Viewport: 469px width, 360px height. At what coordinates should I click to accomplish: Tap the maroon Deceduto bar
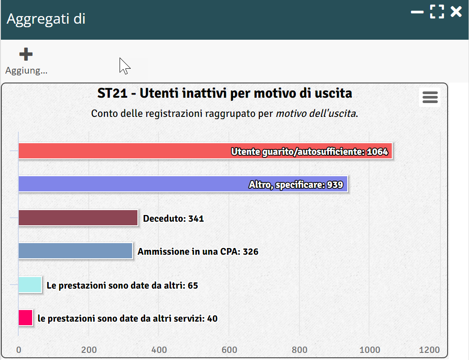(78, 218)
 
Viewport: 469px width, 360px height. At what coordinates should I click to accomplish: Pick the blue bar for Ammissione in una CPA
(75, 251)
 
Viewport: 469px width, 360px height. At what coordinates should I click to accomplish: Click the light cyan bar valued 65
(30, 285)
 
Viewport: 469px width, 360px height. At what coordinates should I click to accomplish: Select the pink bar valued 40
(25, 318)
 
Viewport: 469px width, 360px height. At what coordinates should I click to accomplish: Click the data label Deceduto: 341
(173, 219)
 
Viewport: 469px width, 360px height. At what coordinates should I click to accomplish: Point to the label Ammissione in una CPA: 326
(198, 252)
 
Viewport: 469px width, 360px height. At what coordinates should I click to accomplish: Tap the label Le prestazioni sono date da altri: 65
(122, 286)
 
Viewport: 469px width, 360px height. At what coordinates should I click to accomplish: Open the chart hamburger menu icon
(430, 97)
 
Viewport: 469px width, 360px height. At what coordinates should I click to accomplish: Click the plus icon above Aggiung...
(26, 54)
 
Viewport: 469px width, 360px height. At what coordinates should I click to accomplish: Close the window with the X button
(456, 12)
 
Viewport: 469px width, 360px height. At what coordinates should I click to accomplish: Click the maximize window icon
(437, 12)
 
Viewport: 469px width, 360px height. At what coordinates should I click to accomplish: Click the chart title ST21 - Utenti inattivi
(224, 94)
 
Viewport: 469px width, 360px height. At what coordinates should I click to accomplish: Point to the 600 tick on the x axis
(229, 350)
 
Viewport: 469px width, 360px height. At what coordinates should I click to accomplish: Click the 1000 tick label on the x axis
(370, 350)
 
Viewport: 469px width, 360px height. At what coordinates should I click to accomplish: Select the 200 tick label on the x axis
(89, 350)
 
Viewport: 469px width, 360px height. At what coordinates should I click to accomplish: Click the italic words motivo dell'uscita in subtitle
(316, 113)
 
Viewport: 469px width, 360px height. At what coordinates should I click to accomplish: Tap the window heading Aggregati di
(46, 19)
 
